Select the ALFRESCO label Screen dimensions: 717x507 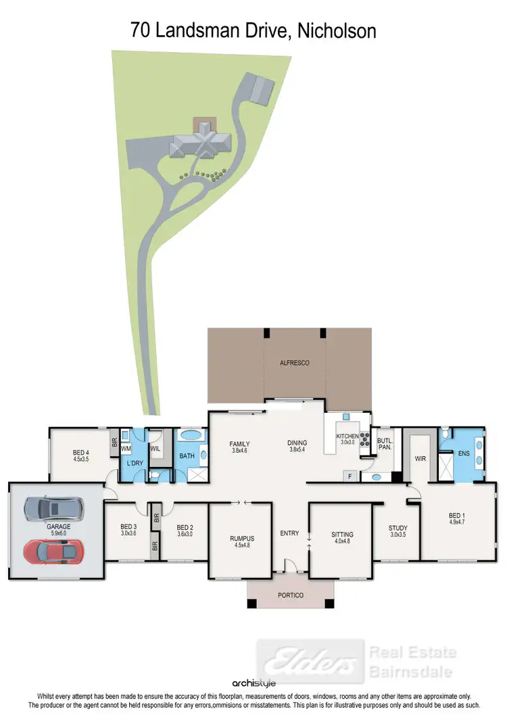tap(294, 363)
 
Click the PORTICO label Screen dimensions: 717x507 tap(290, 595)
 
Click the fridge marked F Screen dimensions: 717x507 tap(350, 476)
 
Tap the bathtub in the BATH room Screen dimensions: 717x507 tap(191, 435)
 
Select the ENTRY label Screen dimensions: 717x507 tap(289, 534)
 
